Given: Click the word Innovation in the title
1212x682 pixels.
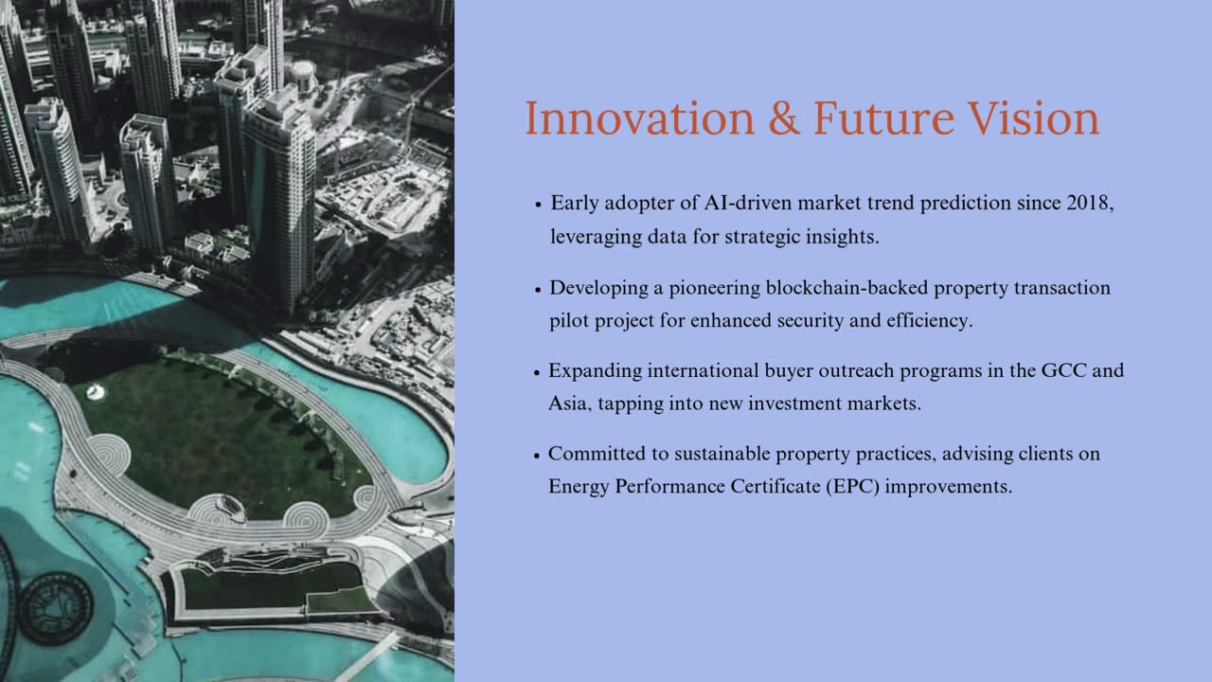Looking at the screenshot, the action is pos(639,118).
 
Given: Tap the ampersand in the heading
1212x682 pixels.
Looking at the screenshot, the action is pos(783,118).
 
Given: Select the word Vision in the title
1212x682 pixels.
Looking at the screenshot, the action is pos(1033,118).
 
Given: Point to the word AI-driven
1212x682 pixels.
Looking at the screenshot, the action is pos(748,203).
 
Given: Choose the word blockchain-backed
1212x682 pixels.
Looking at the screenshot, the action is pos(847,287).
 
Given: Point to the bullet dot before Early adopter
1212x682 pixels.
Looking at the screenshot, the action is pos(538,205).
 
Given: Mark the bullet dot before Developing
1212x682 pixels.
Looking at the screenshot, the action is pos(538,290).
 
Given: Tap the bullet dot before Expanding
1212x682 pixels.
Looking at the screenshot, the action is pos(537,372).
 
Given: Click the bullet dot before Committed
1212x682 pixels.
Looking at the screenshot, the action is pos(537,456).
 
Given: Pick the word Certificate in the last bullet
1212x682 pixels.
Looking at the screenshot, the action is pos(775,486).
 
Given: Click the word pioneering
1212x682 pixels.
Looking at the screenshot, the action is pos(715,288).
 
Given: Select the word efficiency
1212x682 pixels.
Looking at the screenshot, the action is pos(930,320).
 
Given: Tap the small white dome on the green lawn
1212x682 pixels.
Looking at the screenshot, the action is pos(96,391).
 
